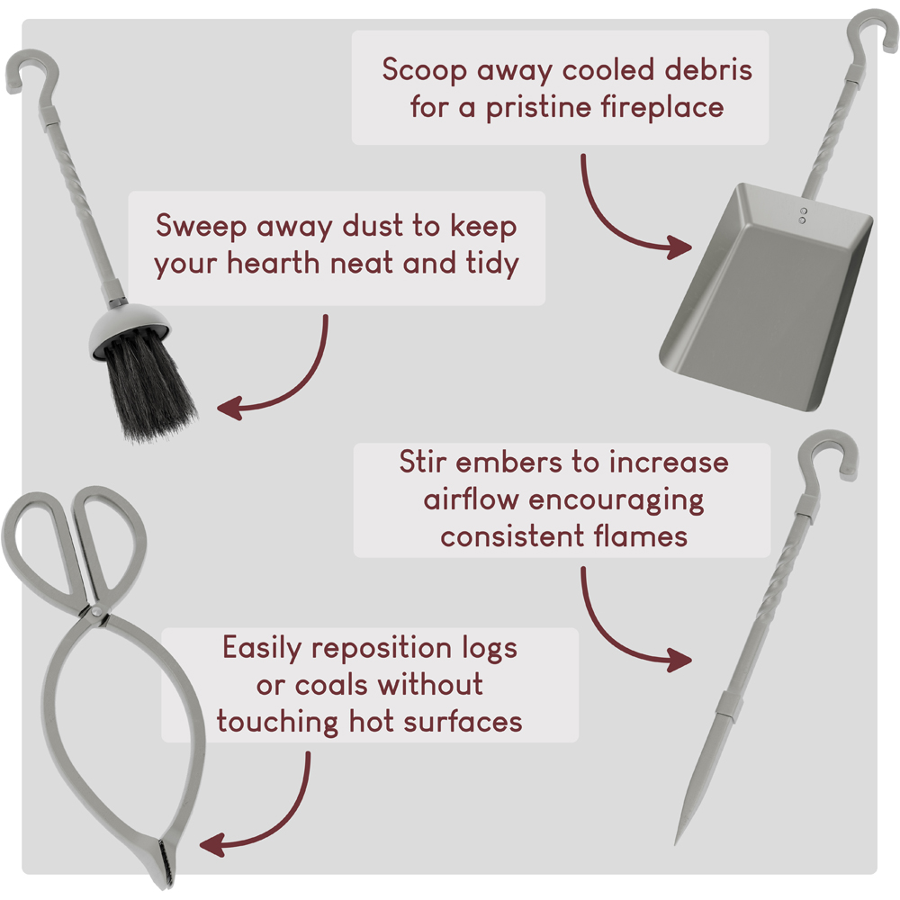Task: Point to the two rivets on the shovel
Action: pyautogui.click(x=803, y=215)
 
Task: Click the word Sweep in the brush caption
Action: pyautogui.click(x=202, y=226)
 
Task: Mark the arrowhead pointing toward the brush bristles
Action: pyautogui.click(x=229, y=408)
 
